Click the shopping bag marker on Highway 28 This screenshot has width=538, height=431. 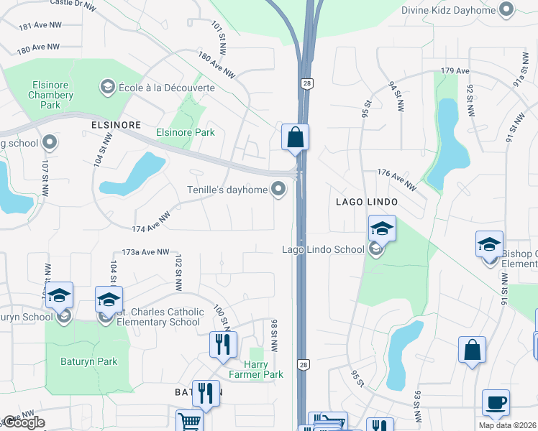point(295,136)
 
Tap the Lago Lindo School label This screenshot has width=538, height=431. point(322,249)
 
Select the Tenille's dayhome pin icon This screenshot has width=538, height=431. point(278,189)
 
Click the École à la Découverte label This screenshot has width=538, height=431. point(165,87)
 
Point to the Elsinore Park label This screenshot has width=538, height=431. point(186,132)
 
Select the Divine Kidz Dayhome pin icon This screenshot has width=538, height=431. point(507,9)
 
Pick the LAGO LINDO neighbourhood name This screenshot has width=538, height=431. point(366,203)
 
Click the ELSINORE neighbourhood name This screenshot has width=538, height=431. point(116,124)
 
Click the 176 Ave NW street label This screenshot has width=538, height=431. point(397,180)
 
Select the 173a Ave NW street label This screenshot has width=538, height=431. point(145,252)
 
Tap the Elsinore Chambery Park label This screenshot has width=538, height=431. point(50,95)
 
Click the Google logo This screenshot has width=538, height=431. point(24,422)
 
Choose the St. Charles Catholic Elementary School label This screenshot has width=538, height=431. point(159,317)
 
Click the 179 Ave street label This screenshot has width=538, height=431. point(455,71)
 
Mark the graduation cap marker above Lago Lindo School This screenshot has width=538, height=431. point(382,229)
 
